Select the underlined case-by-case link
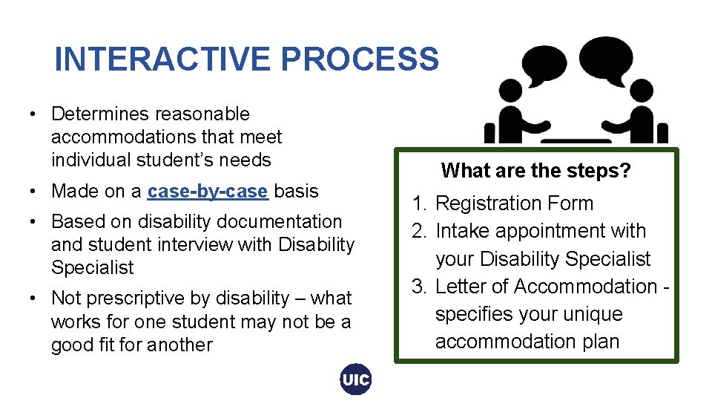(x=208, y=192)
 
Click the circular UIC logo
(x=355, y=380)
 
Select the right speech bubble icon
(x=606, y=56)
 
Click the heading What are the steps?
(x=535, y=171)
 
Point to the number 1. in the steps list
(x=421, y=203)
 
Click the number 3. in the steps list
(x=421, y=287)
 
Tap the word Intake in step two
(x=461, y=231)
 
